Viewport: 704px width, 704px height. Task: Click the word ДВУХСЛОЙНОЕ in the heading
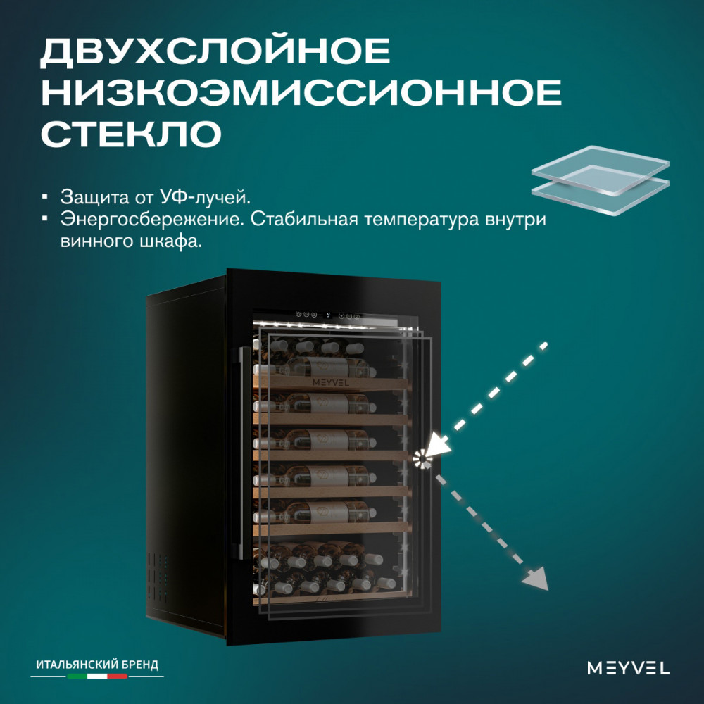(x=215, y=52)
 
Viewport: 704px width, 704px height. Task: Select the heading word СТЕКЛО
(x=131, y=133)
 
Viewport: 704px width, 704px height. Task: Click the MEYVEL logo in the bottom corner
(x=628, y=667)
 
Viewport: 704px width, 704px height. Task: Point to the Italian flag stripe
(x=97, y=676)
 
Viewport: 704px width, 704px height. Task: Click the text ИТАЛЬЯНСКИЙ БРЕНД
(x=97, y=664)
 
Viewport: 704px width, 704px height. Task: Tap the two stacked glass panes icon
(x=601, y=180)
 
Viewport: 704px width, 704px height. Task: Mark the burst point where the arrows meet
(x=422, y=459)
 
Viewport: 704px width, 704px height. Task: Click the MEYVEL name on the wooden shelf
(x=330, y=383)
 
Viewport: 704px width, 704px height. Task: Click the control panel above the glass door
(x=329, y=315)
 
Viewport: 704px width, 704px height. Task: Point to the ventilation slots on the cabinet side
(x=158, y=577)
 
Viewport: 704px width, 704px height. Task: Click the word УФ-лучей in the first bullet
(x=205, y=197)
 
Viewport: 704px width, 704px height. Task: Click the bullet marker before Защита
(x=44, y=197)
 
